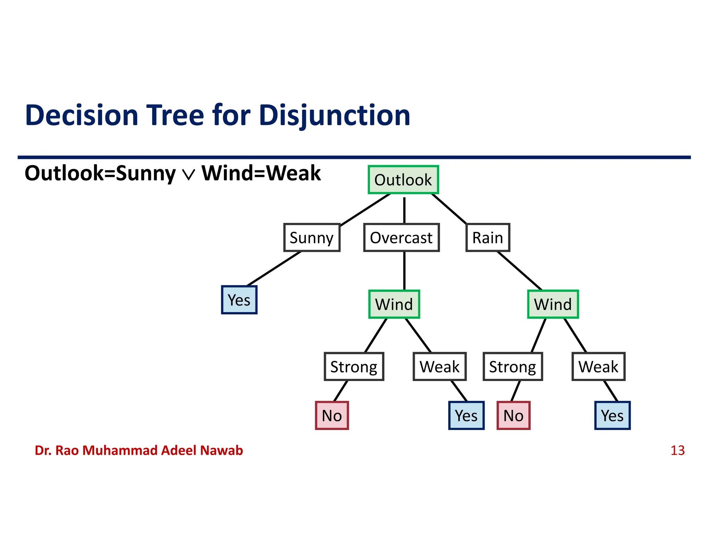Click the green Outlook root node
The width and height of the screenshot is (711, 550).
[x=403, y=180]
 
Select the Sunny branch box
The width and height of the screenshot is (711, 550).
[x=311, y=237]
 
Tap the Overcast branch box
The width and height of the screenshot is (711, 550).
[x=401, y=237]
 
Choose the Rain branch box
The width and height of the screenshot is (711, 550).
[x=487, y=237]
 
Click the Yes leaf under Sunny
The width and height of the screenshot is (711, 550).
[x=239, y=300]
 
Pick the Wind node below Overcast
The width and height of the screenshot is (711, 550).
[x=394, y=304]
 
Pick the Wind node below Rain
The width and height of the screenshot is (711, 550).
[x=553, y=304]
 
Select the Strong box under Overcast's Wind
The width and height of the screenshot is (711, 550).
[x=354, y=367]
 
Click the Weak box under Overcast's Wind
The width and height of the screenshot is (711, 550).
[x=439, y=367]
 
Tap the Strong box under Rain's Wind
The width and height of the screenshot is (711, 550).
[x=512, y=367]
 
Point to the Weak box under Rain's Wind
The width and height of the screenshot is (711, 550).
[x=598, y=367]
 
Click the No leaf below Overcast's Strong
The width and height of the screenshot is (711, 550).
[x=332, y=415]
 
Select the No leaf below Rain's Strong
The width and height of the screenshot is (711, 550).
[x=513, y=415]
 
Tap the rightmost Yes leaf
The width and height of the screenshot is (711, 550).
[x=612, y=415]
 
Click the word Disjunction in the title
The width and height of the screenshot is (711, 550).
[x=335, y=115]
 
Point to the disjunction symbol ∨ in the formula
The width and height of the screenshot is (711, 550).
[x=189, y=174]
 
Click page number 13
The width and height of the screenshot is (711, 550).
[x=677, y=451]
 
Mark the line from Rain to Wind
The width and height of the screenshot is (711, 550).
[x=519, y=270]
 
